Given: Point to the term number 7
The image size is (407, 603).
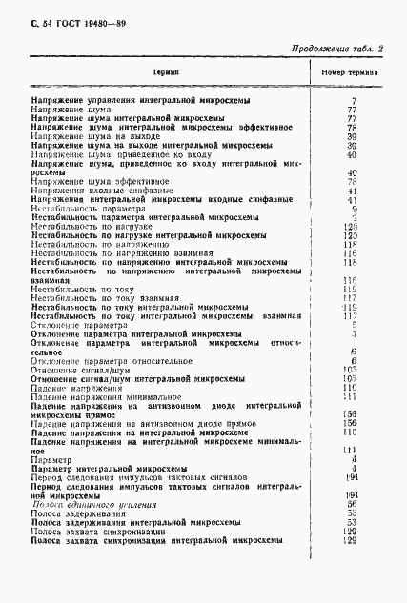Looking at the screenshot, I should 354,100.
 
